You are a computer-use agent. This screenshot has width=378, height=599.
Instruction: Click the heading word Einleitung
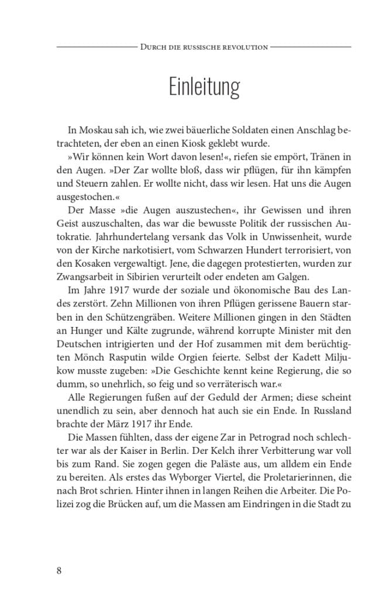204,87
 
